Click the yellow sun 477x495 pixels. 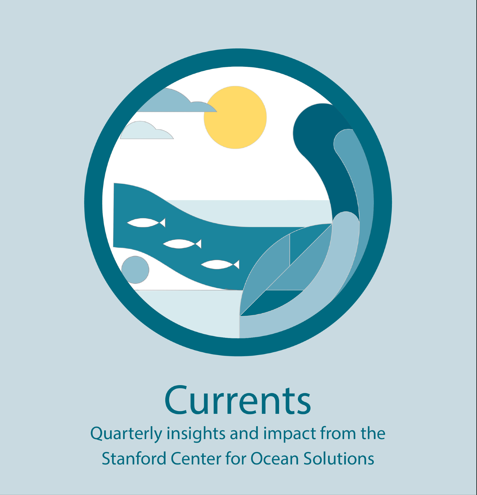click(x=235, y=117)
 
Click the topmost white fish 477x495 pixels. click(x=146, y=223)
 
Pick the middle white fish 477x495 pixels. click(x=182, y=244)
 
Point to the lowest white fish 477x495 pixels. click(x=220, y=264)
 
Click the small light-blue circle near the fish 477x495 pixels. click(x=135, y=270)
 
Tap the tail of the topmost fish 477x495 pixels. click(x=162, y=223)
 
